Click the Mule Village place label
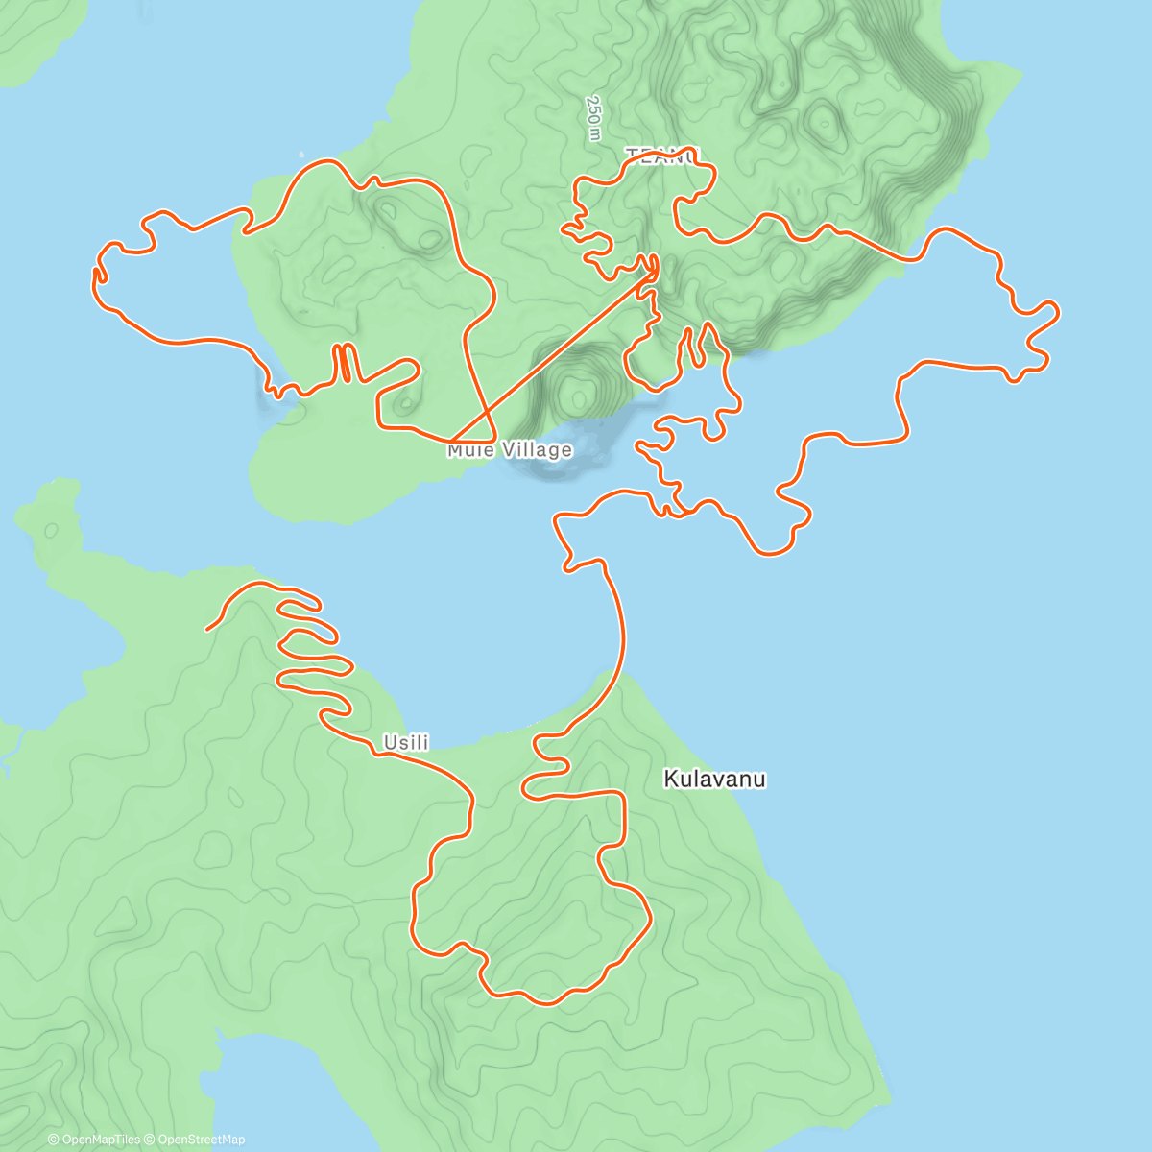(x=510, y=450)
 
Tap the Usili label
(x=406, y=742)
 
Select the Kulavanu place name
(x=714, y=779)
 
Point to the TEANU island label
(x=663, y=155)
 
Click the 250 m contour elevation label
(x=594, y=118)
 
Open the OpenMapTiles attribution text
(x=94, y=1140)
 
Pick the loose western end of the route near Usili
(x=207, y=630)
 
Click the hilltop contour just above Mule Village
(x=578, y=393)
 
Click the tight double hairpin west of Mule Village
(x=344, y=363)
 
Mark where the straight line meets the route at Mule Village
(x=453, y=442)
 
